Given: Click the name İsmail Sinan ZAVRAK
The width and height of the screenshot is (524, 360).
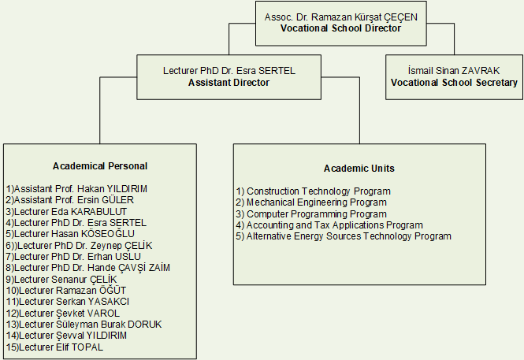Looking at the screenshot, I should click(453, 70).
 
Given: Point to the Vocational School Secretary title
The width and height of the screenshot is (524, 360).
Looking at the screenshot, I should click(453, 83).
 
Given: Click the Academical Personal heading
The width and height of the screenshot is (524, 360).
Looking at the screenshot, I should click(100, 165).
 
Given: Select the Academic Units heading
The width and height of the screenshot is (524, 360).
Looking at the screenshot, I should click(359, 169).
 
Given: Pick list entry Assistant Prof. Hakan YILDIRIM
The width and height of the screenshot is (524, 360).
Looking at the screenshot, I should click(76, 189).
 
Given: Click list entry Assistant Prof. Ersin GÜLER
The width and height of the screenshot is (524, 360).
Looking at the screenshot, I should click(69, 200).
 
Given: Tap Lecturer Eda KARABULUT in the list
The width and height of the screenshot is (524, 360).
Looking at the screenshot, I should click(65, 211).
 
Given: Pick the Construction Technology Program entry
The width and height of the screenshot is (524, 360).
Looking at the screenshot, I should click(314, 191).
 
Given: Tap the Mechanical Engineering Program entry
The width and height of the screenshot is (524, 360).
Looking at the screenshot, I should click(311, 202).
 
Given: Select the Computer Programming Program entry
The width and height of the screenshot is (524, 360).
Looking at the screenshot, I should click(311, 213).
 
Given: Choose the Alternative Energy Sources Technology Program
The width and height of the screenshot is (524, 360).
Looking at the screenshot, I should click(344, 236).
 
